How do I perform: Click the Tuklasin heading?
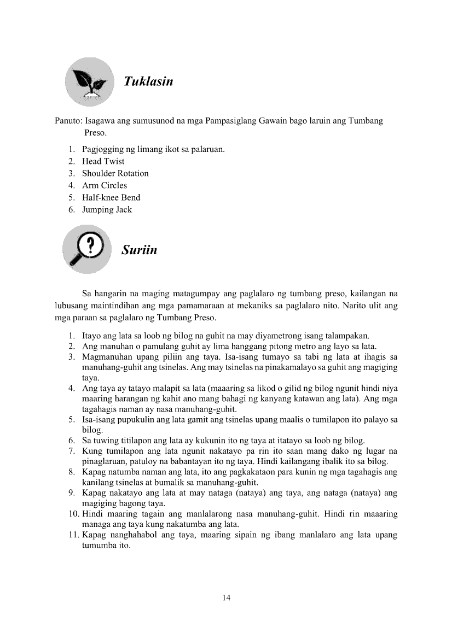148,81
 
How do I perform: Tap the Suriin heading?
140,250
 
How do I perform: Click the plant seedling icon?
89,82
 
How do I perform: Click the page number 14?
226,597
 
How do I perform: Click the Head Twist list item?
103,161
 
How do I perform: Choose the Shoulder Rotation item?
115,173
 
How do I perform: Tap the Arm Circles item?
104,185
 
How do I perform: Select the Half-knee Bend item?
111,197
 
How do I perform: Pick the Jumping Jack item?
107,209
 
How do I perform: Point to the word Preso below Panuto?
95,133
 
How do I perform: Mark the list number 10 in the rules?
73,514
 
